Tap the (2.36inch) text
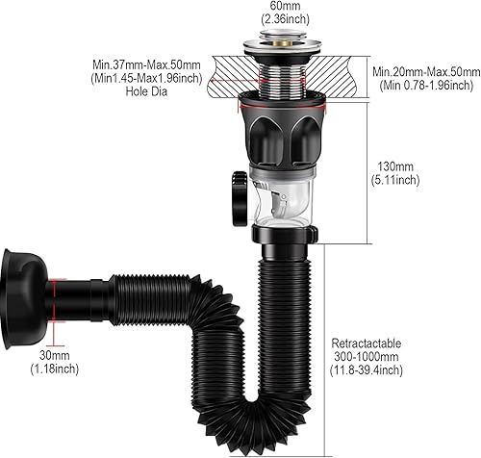(285, 19)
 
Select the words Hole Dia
(146, 91)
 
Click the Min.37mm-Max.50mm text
(146, 64)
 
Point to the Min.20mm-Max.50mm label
(426, 71)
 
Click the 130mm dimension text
(395, 166)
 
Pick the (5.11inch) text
(395, 180)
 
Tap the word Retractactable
(367, 343)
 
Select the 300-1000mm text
(367, 357)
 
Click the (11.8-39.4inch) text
(367, 370)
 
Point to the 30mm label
(55, 355)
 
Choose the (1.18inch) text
(55, 369)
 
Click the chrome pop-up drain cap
(282, 41)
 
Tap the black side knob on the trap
(240, 199)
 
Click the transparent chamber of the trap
(282, 195)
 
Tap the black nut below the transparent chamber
(285, 234)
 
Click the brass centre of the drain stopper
(283, 41)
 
